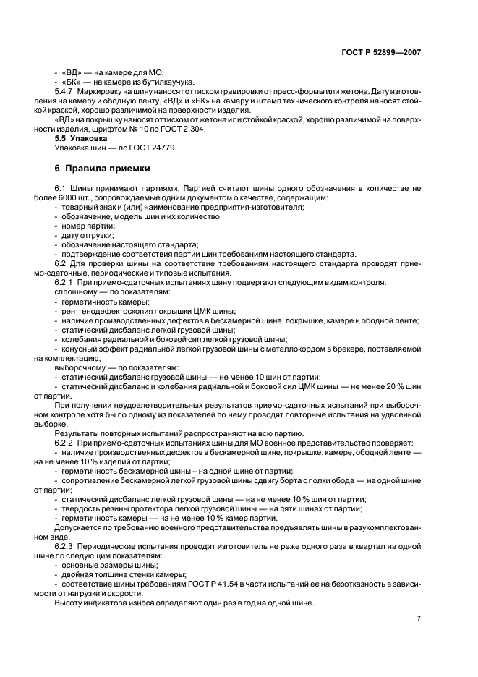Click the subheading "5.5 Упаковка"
click(81, 137)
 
